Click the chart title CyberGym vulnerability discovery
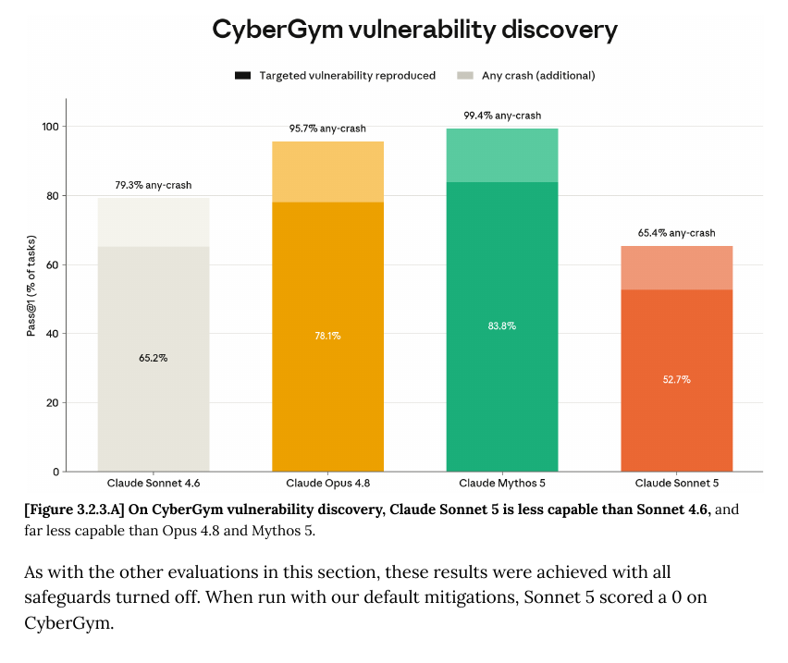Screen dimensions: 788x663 414,31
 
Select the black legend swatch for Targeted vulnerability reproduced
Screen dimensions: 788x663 242,76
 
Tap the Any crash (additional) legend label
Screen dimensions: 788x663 538,76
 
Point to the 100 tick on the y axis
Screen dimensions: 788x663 50,127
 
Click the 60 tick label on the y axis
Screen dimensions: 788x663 53,265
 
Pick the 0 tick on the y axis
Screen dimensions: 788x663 55,473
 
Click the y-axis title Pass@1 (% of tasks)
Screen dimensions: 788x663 31,286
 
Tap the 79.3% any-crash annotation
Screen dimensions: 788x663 154,185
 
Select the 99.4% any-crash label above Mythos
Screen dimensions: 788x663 502,116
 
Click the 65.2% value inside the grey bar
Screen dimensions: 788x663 154,358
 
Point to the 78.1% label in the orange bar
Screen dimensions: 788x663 327,336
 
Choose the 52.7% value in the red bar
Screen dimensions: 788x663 676,380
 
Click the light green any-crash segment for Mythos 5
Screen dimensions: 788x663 502,155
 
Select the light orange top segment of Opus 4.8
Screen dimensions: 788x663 327,172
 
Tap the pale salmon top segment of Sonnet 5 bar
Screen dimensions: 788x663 676,268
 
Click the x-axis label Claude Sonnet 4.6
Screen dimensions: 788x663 154,484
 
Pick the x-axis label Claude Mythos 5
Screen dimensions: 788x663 502,484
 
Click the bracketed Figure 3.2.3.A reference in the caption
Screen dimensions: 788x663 74,510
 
